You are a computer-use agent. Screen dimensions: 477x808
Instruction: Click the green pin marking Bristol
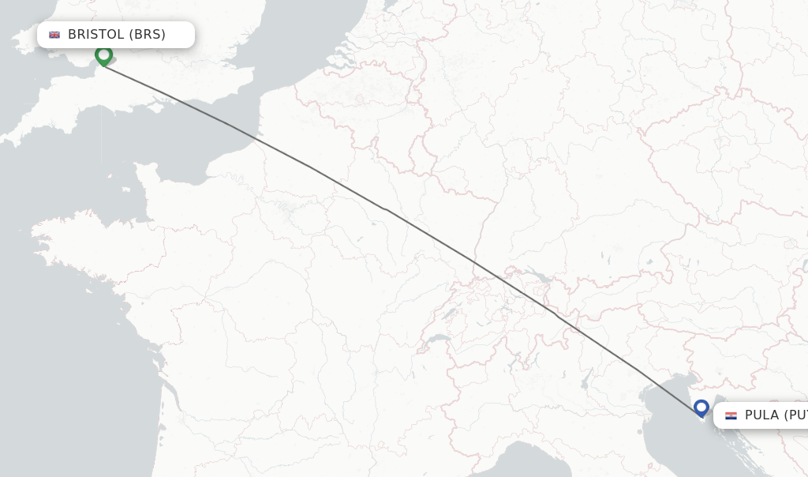pyautogui.click(x=103, y=55)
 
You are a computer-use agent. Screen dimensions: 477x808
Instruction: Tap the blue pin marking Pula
pyautogui.click(x=701, y=408)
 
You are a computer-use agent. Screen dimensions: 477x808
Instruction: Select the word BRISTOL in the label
pyautogui.click(x=96, y=34)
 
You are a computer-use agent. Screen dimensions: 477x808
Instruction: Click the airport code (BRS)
pyautogui.click(x=148, y=34)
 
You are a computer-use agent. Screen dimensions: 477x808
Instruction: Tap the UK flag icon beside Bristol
pyautogui.click(x=54, y=35)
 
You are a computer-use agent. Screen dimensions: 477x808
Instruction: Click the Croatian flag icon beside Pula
pyautogui.click(x=731, y=415)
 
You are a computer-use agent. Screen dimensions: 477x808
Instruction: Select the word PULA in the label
pyautogui.click(x=761, y=415)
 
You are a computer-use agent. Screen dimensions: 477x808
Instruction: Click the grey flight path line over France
pyautogui.click(x=347, y=188)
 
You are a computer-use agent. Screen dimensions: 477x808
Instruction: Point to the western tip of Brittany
pyautogui.click(x=36, y=234)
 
